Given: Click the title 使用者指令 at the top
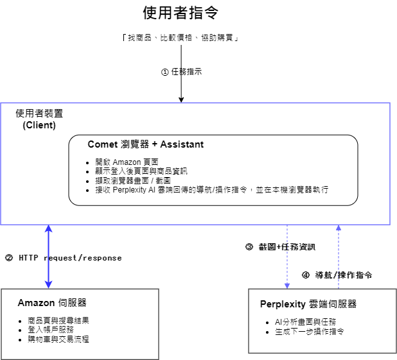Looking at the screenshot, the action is click(181, 13).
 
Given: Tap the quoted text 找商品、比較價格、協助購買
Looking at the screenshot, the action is click(181, 38).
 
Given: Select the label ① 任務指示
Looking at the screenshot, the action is click(182, 72).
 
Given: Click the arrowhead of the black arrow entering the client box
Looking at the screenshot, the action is click(181, 99).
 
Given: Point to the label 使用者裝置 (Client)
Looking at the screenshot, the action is click(39, 119).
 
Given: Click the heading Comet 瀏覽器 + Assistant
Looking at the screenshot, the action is click(146, 144).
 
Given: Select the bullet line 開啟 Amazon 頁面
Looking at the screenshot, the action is click(127, 162).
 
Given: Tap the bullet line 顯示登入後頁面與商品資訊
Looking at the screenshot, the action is click(141, 171).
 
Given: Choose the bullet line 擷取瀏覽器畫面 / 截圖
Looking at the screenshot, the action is click(133, 180).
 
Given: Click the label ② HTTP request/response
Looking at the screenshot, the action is click(64, 258).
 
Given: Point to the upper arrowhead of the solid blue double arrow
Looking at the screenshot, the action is click(48, 228).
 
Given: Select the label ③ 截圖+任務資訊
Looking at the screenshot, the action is click(280, 247).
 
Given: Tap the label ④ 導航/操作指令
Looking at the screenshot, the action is click(337, 275).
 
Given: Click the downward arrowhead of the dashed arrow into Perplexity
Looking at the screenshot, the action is click(287, 286).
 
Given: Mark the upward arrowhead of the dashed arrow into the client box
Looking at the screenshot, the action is click(339, 228).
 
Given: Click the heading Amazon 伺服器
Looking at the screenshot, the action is click(52, 303).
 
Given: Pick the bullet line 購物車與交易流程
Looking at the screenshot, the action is click(58, 339).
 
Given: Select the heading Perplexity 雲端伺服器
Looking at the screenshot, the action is click(308, 304).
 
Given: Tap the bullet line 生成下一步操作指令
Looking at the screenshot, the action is click(310, 331).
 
